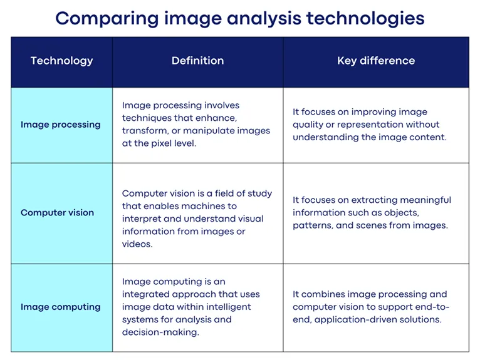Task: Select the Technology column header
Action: pyautogui.click(x=61, y=61)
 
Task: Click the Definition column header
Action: pyautogui.click(x=197, y=61)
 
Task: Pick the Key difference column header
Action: pyautogui.click(x=376, y=61)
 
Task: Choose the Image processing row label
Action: pyautogui.click(x=60, y=125)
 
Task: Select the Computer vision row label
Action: pyautogui.click(x=57, y=213)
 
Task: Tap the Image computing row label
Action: pyautogui.click(x=60, y=307)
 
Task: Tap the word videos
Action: pyautogui.click(x=137, y=244)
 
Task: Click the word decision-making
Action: pyautogui.click(x=160, y=332)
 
